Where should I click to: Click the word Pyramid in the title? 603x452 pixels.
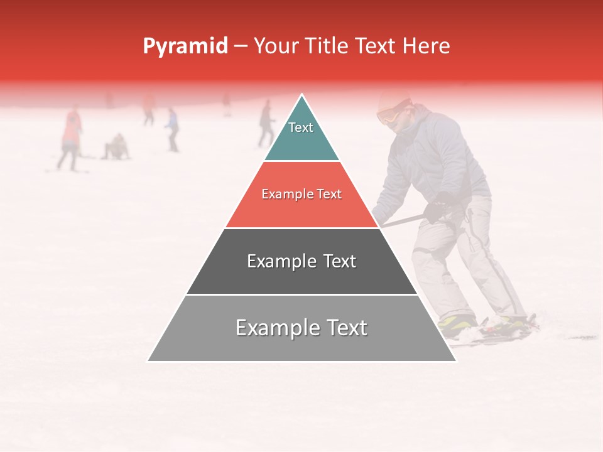pos(185,46)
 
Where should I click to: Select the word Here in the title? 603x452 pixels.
pos(426,46)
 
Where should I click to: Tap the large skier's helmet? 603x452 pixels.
pos(393,100)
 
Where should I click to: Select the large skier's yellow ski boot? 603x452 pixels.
pos(457,323)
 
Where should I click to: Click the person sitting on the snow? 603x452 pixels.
pos(116,148)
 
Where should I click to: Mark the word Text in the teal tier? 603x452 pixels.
pos(301,127)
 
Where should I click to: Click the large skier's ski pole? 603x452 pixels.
pos(402,220)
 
